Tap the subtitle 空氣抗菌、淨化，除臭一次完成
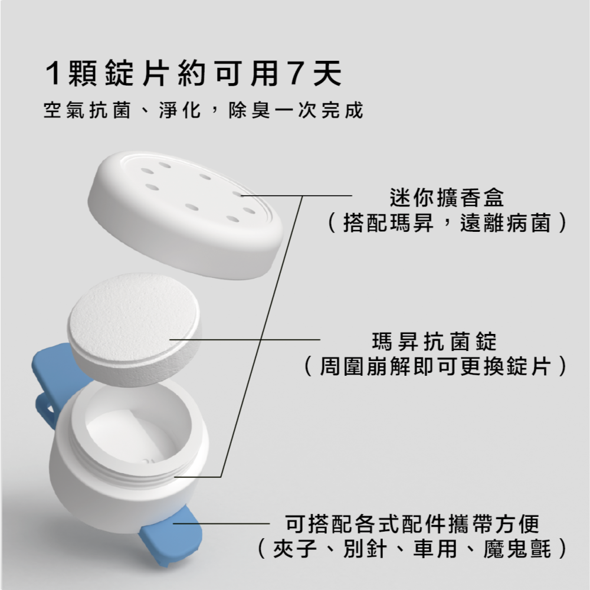[x=203, y=110]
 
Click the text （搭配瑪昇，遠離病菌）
[x=447, y=224]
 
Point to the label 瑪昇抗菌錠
[x=435, y=340]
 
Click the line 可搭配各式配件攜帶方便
[x=412, y=523]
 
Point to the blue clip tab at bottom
[x=174, y=537]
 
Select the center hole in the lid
[x=192, y=207]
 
